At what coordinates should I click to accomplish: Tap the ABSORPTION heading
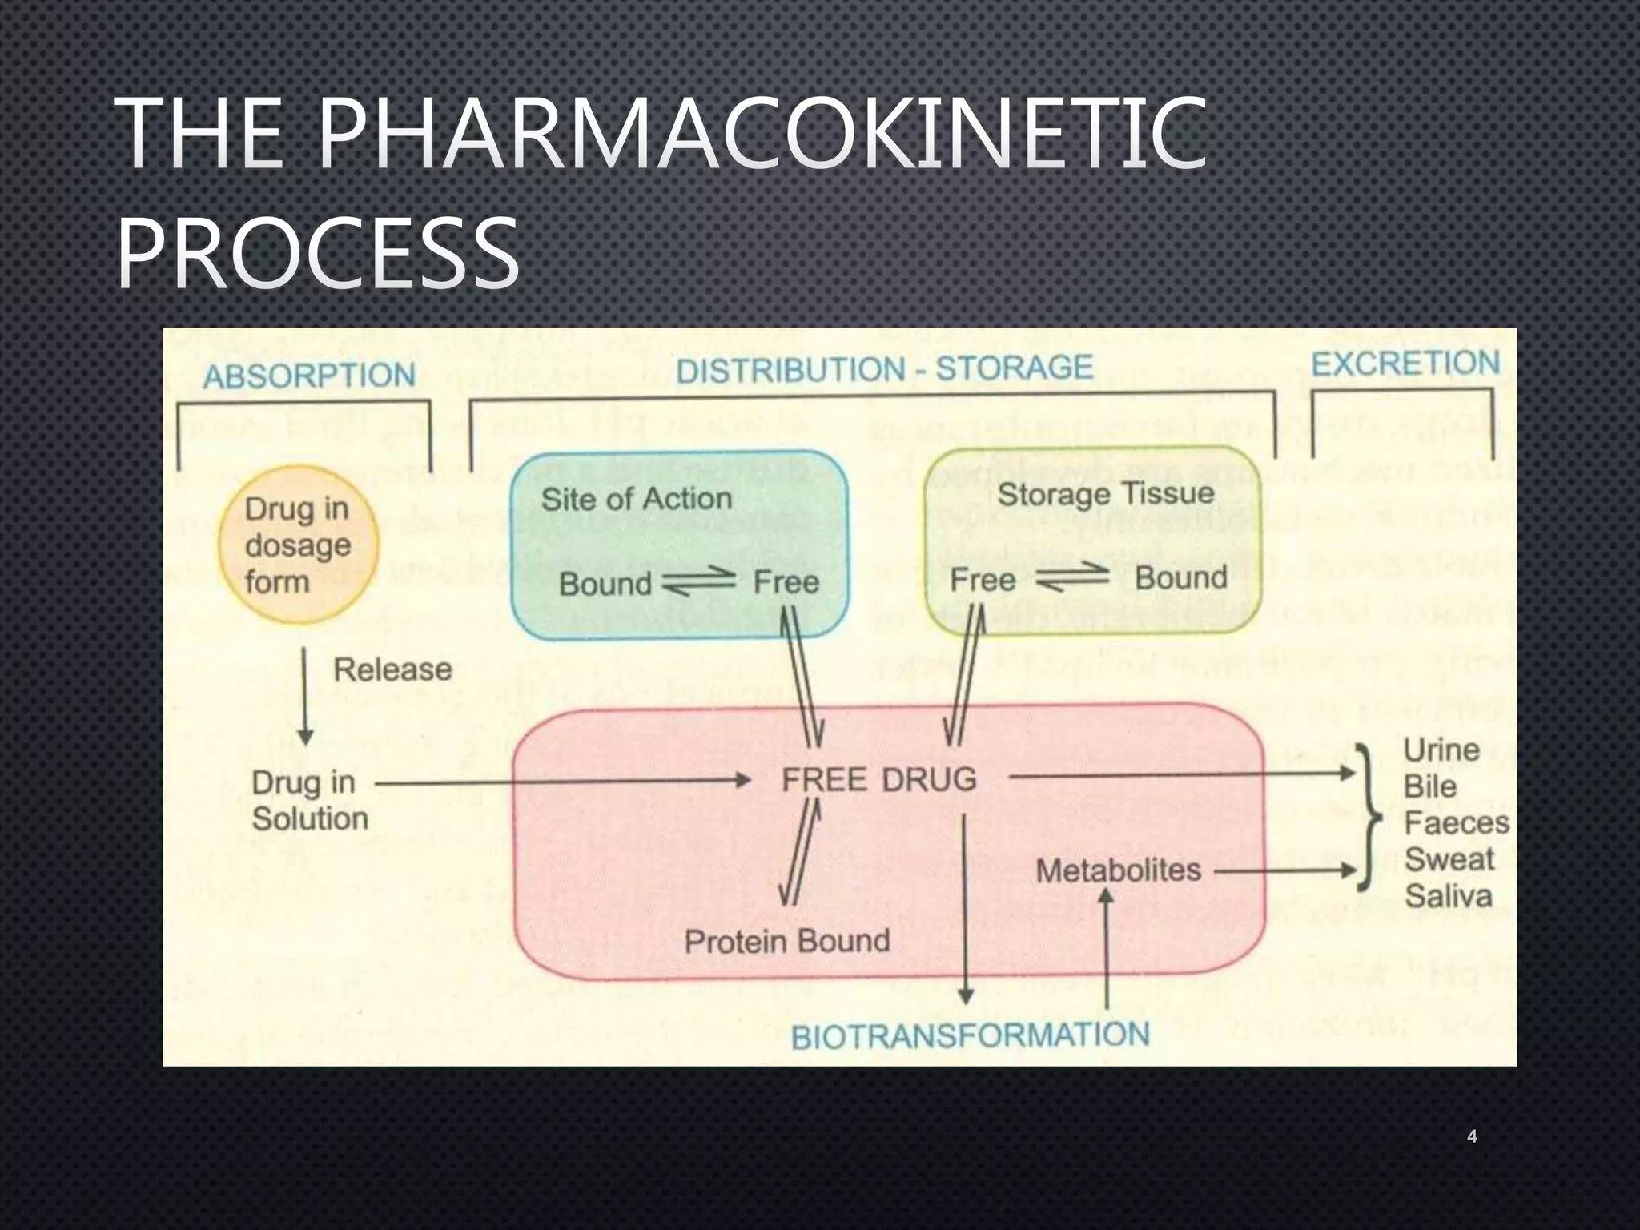[x=309, y=376]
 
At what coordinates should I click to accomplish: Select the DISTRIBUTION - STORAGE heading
[x=884, y=369]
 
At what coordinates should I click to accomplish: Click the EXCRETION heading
[x=1405, y=364]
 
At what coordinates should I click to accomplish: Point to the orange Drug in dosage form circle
[x=297, y=545]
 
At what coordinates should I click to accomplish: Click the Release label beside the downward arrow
[x=392, y=669]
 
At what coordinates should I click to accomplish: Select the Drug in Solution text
[x=309, y=800]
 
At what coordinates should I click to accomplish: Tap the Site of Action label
[x=637, y=499]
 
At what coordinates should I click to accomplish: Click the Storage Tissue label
[x=1105, y=493]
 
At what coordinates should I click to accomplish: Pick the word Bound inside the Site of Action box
[x=605, y=584]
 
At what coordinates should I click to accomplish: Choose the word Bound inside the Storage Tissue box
[x=1180, y=577]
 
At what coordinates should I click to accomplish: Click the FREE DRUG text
[x=878, y=779]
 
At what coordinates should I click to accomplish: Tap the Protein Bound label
[x=787, y=941]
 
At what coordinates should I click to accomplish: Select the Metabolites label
[x=1118, y=870]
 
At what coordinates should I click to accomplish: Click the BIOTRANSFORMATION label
[x=970, y=1036]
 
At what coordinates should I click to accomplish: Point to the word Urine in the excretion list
[x=1441, y=750]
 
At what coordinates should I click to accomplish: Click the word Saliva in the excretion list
[x=1448, y=896]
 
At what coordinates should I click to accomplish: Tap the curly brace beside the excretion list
[x=1370, y=818]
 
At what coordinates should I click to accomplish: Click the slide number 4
[x=1471, y=1136]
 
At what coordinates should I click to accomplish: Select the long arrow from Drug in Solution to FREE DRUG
[x=561, y=781]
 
